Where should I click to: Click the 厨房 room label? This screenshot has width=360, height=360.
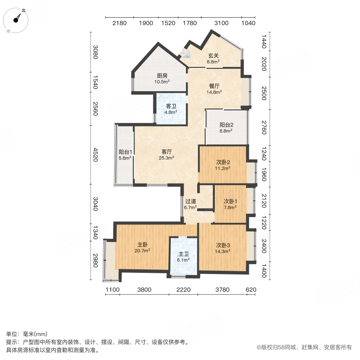162,76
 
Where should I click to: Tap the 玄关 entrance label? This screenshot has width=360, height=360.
213,56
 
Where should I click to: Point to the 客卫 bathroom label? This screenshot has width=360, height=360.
171,106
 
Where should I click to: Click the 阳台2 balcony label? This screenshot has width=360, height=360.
226,124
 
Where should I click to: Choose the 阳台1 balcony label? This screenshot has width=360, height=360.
125,152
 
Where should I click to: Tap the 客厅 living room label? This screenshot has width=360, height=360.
167,152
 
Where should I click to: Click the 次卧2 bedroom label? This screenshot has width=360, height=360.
223,162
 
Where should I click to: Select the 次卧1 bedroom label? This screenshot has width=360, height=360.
230,201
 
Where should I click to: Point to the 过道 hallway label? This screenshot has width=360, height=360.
190,202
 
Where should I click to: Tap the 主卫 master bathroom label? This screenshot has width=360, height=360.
184,254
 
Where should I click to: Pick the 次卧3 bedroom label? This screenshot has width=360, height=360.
223,245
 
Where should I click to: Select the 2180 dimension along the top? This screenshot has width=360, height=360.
119,23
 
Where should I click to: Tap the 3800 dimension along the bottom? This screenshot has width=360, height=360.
144,290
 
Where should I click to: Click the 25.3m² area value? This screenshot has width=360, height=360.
167,158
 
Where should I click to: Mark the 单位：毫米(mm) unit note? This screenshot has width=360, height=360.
27,334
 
